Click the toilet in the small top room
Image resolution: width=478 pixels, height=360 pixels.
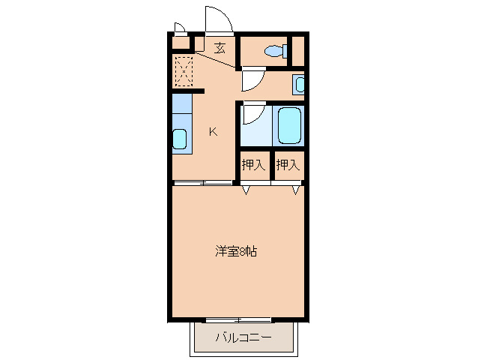coord(276,51)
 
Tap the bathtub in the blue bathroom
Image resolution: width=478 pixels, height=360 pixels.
coord(288,125)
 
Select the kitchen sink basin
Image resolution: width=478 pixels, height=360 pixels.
coord(180,139)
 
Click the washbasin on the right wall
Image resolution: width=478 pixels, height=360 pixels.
coord(300,85)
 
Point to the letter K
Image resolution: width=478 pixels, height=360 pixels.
coord(213,132)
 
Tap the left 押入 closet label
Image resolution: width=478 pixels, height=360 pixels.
coord(253,165)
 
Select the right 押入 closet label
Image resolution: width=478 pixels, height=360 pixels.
coord(288,165)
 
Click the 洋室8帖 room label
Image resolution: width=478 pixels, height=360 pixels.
coord(237,252)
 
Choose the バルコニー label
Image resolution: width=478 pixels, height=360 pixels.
coord(243,337)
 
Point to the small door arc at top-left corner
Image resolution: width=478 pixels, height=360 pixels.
coord(180,28)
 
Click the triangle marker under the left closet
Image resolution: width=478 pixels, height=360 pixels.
coord(245,190)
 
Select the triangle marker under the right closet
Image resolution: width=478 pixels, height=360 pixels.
coord(297,190)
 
